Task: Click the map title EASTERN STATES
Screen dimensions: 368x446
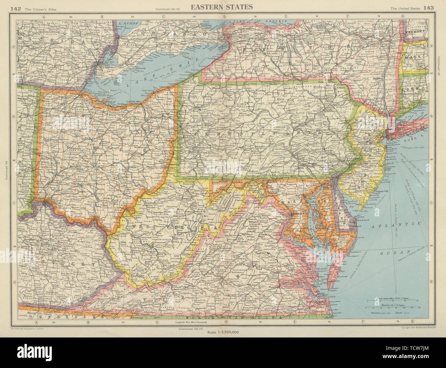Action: click(x=223, y=7)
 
